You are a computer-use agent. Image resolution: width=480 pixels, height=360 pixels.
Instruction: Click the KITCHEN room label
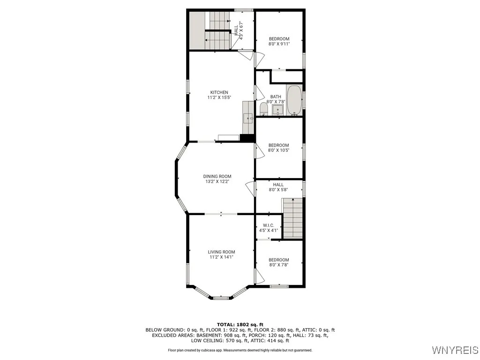[x=219, y=92]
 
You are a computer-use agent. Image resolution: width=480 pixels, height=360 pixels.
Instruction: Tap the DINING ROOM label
[x=217, y=177]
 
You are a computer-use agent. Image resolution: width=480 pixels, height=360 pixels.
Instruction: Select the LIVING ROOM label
[x=221, y=252]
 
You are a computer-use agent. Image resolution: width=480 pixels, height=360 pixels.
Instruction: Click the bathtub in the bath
[x=294, y=100]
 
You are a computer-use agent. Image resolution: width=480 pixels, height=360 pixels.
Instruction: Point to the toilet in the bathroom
[x=263, y=109]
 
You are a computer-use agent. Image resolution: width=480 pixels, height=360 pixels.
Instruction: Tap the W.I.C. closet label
[x=269, y=225]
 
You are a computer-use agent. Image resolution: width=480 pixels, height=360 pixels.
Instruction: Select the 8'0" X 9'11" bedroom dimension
[x=279, y=44]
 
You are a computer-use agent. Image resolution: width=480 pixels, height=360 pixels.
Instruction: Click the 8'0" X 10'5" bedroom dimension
[x=278, y=150]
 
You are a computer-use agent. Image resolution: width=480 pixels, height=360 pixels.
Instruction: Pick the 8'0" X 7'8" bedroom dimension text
[x=278, y=265]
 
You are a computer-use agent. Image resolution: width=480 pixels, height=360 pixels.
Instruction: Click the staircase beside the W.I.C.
[x=292, y=217]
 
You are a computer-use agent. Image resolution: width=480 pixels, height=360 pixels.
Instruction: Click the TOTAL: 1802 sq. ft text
[x=240, y=324]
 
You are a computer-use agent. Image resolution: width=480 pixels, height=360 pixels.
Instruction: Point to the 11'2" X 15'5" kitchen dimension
[x=219, y=97]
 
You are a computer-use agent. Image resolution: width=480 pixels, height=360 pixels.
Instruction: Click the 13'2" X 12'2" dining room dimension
[x=217, y=182]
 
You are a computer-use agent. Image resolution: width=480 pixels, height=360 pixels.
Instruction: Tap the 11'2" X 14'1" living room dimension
[x=221, y=257]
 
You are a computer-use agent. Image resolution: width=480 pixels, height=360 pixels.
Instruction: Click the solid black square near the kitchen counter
[x=247, y=137]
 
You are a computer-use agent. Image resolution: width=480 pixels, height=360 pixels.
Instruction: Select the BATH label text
[x=276, y=97]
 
